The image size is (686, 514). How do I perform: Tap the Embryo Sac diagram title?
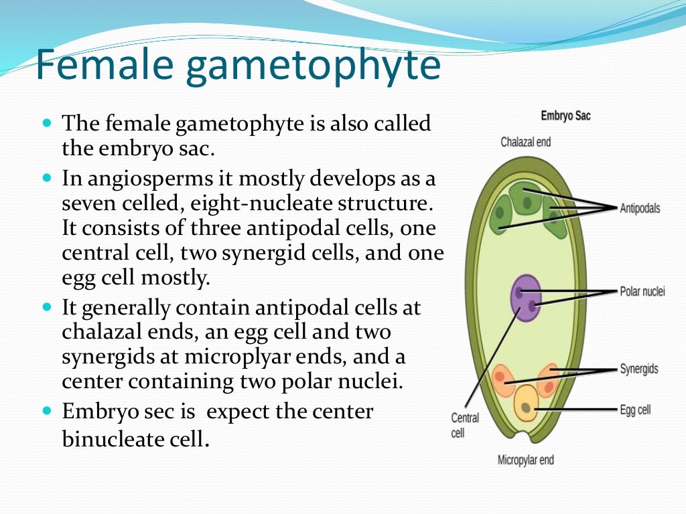coord(565,116)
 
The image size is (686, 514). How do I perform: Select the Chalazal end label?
coord(525,142)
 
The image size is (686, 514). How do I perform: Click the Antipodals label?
coord(640,208)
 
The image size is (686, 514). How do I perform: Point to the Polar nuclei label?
coord(642,292)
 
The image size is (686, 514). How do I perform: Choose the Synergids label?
coord(638,369)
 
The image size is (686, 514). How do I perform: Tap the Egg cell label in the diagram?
coord(634,409)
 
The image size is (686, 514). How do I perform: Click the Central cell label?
coord(465,425)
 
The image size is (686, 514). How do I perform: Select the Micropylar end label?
coord(525,460)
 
